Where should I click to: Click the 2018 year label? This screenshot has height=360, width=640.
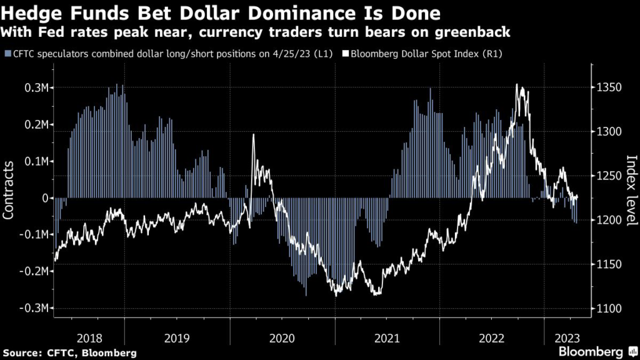[x=89, y=338]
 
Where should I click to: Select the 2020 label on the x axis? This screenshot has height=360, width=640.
[x=281, y=338]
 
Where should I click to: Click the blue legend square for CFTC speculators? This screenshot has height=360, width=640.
[x=6, y=54]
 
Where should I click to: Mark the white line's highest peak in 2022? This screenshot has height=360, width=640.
[x=517, y=84]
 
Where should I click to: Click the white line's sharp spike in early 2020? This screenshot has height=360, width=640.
[x=253, y=135]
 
